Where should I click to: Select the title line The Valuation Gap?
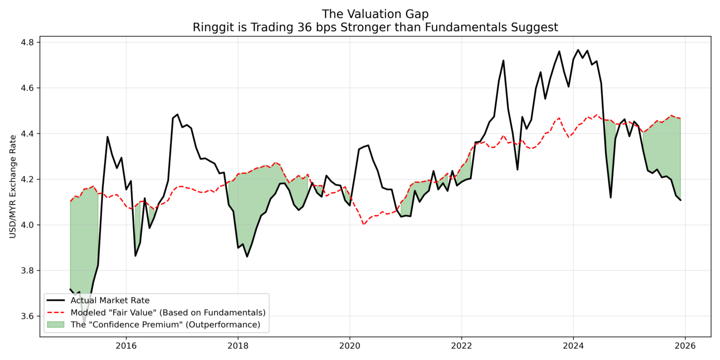coord(375,14)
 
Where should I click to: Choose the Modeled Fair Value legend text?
coord(168,312)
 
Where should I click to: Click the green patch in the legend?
coord(56,325)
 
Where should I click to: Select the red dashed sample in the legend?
coord(56,312)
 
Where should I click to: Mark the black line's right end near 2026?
coord(681,200)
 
